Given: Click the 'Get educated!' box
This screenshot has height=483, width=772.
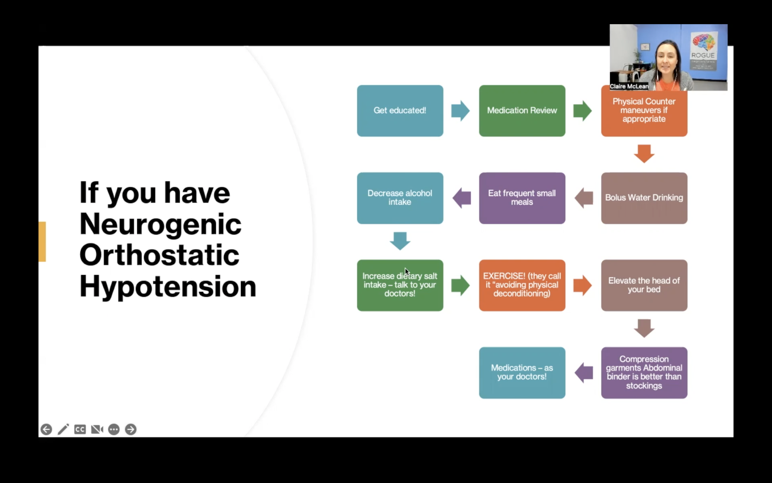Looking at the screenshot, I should point(400,111).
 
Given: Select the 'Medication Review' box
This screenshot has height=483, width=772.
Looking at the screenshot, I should point(522,111).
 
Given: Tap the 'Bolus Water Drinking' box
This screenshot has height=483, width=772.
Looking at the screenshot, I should point(644,198).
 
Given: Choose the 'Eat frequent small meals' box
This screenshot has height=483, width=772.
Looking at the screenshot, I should point(522,198).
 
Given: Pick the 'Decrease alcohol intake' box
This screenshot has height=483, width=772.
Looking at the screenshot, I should point(400,198).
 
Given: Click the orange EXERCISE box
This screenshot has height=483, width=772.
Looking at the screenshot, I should point(522,285).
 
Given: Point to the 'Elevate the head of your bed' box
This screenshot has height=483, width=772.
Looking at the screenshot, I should point(644,285).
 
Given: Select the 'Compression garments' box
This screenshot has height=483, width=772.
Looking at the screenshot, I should point(644,372).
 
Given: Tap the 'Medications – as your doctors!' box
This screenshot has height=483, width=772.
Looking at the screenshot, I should point(522,372).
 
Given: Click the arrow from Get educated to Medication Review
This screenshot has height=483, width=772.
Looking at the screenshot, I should point(460,111).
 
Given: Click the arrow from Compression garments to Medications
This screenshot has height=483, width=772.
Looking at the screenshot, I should point(584,372).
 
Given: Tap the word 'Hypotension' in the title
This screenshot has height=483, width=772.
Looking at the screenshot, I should point(168,287).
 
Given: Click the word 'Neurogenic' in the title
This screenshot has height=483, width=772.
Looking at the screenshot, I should point(160,224).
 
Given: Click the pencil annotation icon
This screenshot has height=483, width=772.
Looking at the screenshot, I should point(63,429).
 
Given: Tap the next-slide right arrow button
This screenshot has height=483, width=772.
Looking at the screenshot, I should point(131,429).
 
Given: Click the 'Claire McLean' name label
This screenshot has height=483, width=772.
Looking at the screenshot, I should point(629,86).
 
